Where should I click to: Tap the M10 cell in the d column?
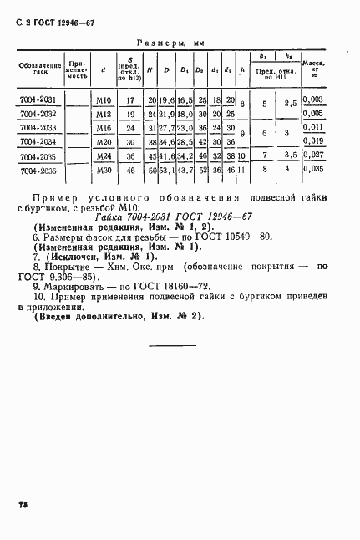click(x=104, y=99)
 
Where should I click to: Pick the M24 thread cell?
click(x=104, y=155)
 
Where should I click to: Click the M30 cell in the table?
click(x=104, y=170)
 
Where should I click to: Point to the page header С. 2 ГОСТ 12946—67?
click(x=53, y=18)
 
